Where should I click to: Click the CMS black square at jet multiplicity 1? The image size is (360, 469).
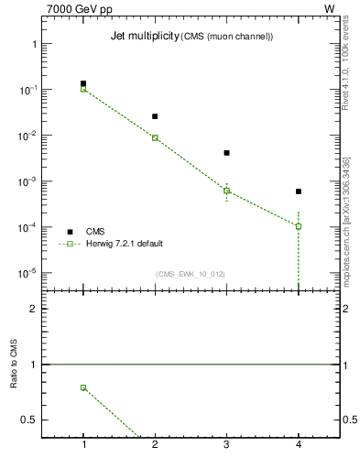(x=83, y=83)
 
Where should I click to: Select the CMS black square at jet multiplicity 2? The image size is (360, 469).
(x=155, y=116)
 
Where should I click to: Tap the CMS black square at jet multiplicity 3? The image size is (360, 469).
(x=226, y=153)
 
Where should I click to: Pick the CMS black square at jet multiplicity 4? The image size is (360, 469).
(x=299, y=191)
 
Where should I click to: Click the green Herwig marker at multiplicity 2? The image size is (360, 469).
(x=155, y=137)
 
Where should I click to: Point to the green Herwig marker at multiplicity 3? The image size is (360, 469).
(x=226, y=191)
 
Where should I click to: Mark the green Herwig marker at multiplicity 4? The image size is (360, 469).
(x=299, y=226)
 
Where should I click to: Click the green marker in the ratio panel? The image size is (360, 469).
(x=83, y=387)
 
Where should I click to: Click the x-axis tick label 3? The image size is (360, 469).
(x=226, y=445)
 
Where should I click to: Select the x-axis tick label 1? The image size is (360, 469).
(x=83, y=445)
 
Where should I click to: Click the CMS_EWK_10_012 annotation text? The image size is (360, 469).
(x=191, y=274)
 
